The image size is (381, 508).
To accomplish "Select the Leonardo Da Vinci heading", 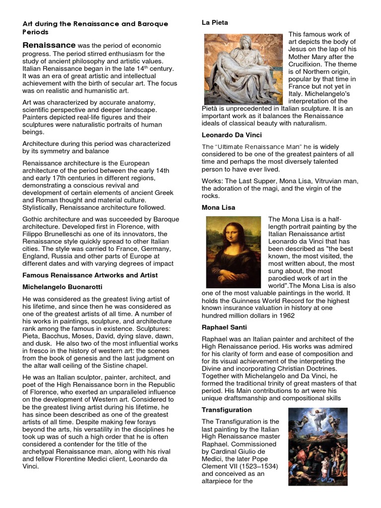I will point(232,135).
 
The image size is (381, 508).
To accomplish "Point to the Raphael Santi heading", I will point(224,327).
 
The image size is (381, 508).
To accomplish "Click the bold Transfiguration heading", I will point(227,410).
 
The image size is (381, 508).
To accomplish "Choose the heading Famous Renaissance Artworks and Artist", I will point(90,275).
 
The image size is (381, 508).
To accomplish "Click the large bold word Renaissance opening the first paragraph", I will point(49,45).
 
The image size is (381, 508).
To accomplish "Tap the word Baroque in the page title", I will point(151,24).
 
